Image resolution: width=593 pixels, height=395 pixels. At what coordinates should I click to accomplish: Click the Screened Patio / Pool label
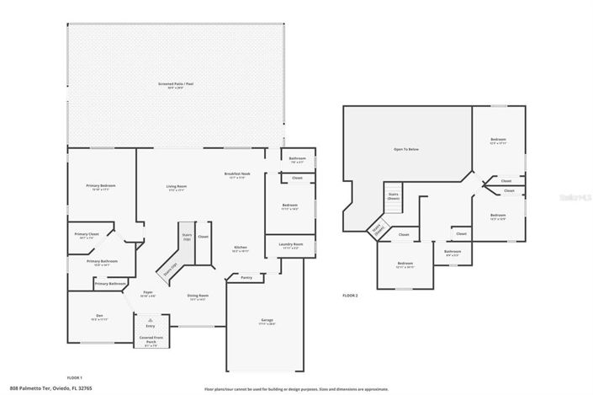(177, 84)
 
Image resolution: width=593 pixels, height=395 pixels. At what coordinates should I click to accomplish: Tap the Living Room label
(176, 187)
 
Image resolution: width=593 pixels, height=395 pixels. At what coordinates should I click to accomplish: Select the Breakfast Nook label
(235, 174)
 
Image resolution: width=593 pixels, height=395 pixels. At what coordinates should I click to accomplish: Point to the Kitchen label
(241, 248)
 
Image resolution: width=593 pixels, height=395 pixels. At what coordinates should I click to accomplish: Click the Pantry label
(246, 277)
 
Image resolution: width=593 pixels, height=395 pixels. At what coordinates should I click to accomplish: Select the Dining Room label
(199, 296)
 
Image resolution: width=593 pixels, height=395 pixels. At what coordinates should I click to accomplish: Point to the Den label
(99, 317)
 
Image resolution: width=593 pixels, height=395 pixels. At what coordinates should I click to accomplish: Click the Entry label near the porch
(150, 326)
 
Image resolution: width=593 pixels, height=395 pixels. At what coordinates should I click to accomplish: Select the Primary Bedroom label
(101, 186)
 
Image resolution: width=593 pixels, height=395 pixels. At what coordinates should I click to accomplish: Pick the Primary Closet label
(87, 235)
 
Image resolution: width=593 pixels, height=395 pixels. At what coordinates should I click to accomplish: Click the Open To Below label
(406, 149)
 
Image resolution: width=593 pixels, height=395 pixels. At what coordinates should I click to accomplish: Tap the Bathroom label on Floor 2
(453, 252)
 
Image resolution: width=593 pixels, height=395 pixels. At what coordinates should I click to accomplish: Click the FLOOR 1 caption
(76, 377)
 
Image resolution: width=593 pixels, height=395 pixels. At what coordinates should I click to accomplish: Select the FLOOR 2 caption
(350, 296)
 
